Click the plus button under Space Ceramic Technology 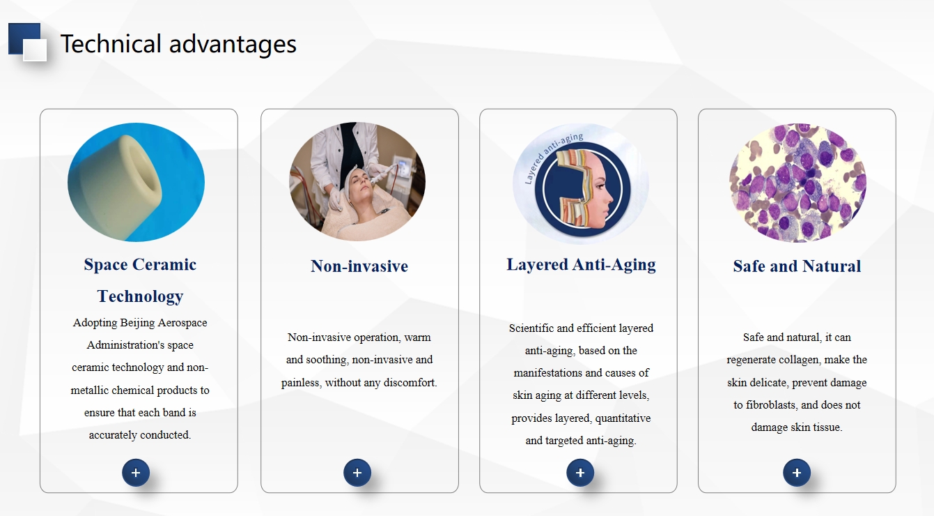pyautogui.click(x=136, y=473)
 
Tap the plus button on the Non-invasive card pyautogui.click(x=357, y=473)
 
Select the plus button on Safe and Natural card pyautogui.click(x=796, y=473)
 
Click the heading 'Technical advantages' pyautogui.click(x=178, y=44)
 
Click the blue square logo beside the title pyautogui.click(x=28, y=42)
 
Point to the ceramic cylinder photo pyautogui.click(x=136, y=182)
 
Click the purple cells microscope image pyautogui.click(x=797, y=183)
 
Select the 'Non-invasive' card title pyautogui.click(x=359, y=266)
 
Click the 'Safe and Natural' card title pyautogui.click(x=797, y=266)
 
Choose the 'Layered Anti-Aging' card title pyautogui.click(x=581, y=265)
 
